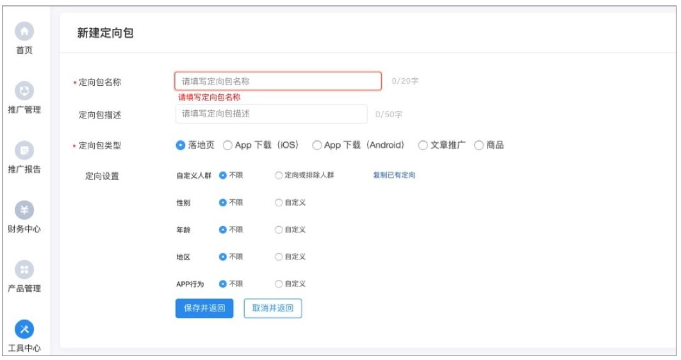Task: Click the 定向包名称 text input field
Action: pos(278,81)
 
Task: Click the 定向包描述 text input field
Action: pos(271,114)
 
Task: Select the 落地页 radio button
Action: pos(181,145)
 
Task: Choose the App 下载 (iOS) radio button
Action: pos(227,145)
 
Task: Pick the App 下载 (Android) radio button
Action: pos(316,145)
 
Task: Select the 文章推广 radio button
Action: pos(423,145)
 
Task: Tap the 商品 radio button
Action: pos(479,145)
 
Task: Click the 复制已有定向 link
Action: pos(394,175)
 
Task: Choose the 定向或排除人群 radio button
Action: pos(279,175)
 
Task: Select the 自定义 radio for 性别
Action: pos(279,202)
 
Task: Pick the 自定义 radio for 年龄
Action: pos(279,229)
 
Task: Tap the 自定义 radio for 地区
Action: pos(279,257)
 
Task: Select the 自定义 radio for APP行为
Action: pos(279,284)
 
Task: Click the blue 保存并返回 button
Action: pos(204,308)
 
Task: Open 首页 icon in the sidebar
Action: pos(24,31)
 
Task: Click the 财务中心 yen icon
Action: pos(24,210)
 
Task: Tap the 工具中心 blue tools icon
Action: pos(24,329)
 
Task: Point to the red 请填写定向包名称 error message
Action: pos(209,97)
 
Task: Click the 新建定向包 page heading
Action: pos(106,33)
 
